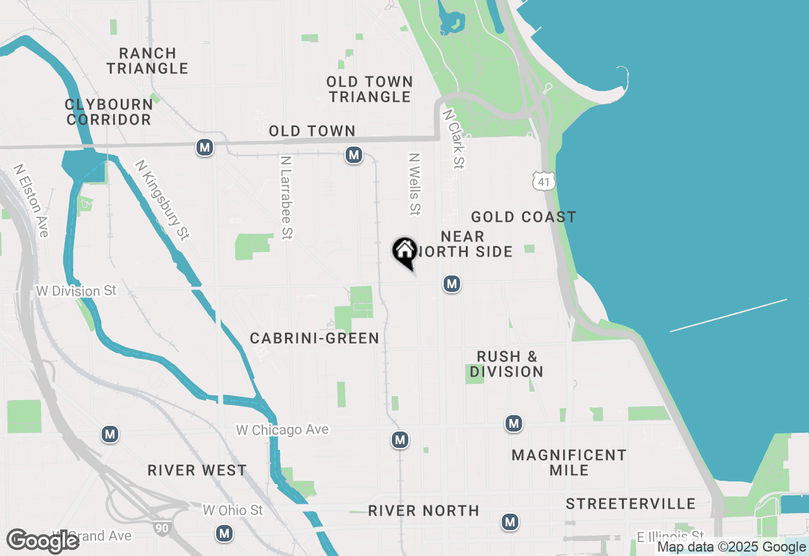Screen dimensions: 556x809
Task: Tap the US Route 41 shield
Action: pos(544,181)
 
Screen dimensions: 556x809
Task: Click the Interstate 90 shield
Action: pos(162,528)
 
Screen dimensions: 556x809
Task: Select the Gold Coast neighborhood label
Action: pos(523,217)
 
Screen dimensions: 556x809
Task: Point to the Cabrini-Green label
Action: pos(315,339)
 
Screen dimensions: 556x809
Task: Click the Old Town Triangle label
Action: pos(370,89)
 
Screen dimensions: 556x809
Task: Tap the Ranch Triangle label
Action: pos(147,61)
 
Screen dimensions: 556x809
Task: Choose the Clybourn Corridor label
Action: pos(109,112)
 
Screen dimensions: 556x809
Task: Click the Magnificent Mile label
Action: pos(569,462)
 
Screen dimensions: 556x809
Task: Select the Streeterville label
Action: pos(631,504)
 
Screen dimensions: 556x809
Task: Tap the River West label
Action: pos(197,471)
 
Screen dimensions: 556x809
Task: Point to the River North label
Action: pos(423,511)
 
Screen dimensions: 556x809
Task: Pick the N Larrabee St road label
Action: pos(286,198)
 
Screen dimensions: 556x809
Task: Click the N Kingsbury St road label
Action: pos(162,200)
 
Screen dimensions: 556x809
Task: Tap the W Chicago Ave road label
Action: pos(283,430)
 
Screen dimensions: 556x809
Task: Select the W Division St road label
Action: pos(76,291)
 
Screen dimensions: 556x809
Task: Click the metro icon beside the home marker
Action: pos(451,284)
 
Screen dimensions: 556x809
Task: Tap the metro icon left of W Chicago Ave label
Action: pos(111,435)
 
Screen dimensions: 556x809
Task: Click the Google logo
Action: pos(43,541)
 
